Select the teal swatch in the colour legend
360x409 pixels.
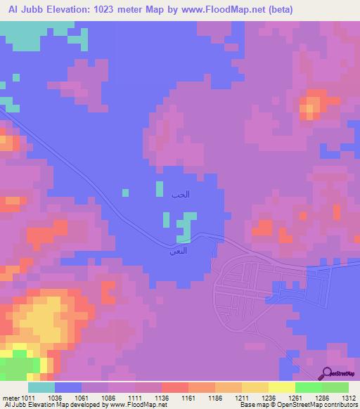41,388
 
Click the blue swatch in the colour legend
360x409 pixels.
68,388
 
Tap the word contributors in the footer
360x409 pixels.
339,404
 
